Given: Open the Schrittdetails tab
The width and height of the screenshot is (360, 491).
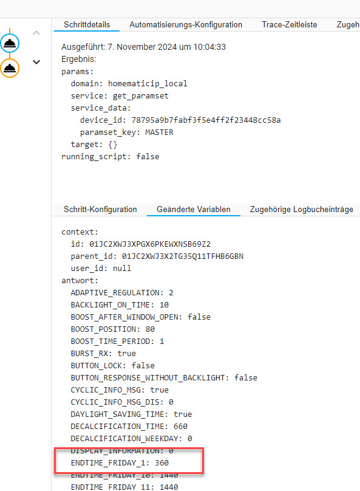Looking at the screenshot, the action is (x=87, y=25).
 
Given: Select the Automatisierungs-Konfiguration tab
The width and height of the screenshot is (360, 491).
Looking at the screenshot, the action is (x=186, y=25).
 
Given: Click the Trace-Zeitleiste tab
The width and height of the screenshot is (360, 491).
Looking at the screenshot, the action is (x=290, y=25).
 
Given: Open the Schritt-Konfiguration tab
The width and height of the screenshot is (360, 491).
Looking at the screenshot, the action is (x=100, y=209).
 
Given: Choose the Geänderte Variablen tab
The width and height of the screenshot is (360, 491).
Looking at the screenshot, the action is (x=194, y=209).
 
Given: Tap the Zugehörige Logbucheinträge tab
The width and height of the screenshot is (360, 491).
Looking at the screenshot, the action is (x=302, y=209).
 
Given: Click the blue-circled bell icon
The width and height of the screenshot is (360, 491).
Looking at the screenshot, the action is (x=10, y=43).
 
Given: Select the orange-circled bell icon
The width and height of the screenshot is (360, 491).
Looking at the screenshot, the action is (x=10, y=68).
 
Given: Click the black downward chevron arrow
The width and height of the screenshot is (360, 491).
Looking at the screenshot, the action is (x=36, y=62).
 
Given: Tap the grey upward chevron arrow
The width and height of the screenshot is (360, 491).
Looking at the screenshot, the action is (x=36, y=33).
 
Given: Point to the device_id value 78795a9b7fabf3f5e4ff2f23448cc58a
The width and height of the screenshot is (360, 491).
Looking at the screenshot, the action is (x=206, y=120).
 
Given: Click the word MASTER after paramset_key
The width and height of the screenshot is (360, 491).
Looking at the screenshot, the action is (x=159, y=132).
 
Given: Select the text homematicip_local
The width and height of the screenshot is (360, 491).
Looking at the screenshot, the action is (x=148, y=84).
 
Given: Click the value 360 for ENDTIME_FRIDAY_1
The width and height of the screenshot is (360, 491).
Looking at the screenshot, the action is (x=161, y=463).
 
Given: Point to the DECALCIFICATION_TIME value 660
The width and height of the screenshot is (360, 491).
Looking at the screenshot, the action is (x=180, y=427).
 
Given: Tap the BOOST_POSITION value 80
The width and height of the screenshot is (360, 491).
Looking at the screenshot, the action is (x=150, y=329).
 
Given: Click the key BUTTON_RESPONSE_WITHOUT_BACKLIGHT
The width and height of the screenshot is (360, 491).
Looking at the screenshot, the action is (x=148, y=378).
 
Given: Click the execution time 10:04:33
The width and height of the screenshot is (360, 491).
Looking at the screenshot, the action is (x=209, y=47).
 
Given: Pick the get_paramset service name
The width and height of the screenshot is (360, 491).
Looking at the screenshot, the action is (x=141, y=96).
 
